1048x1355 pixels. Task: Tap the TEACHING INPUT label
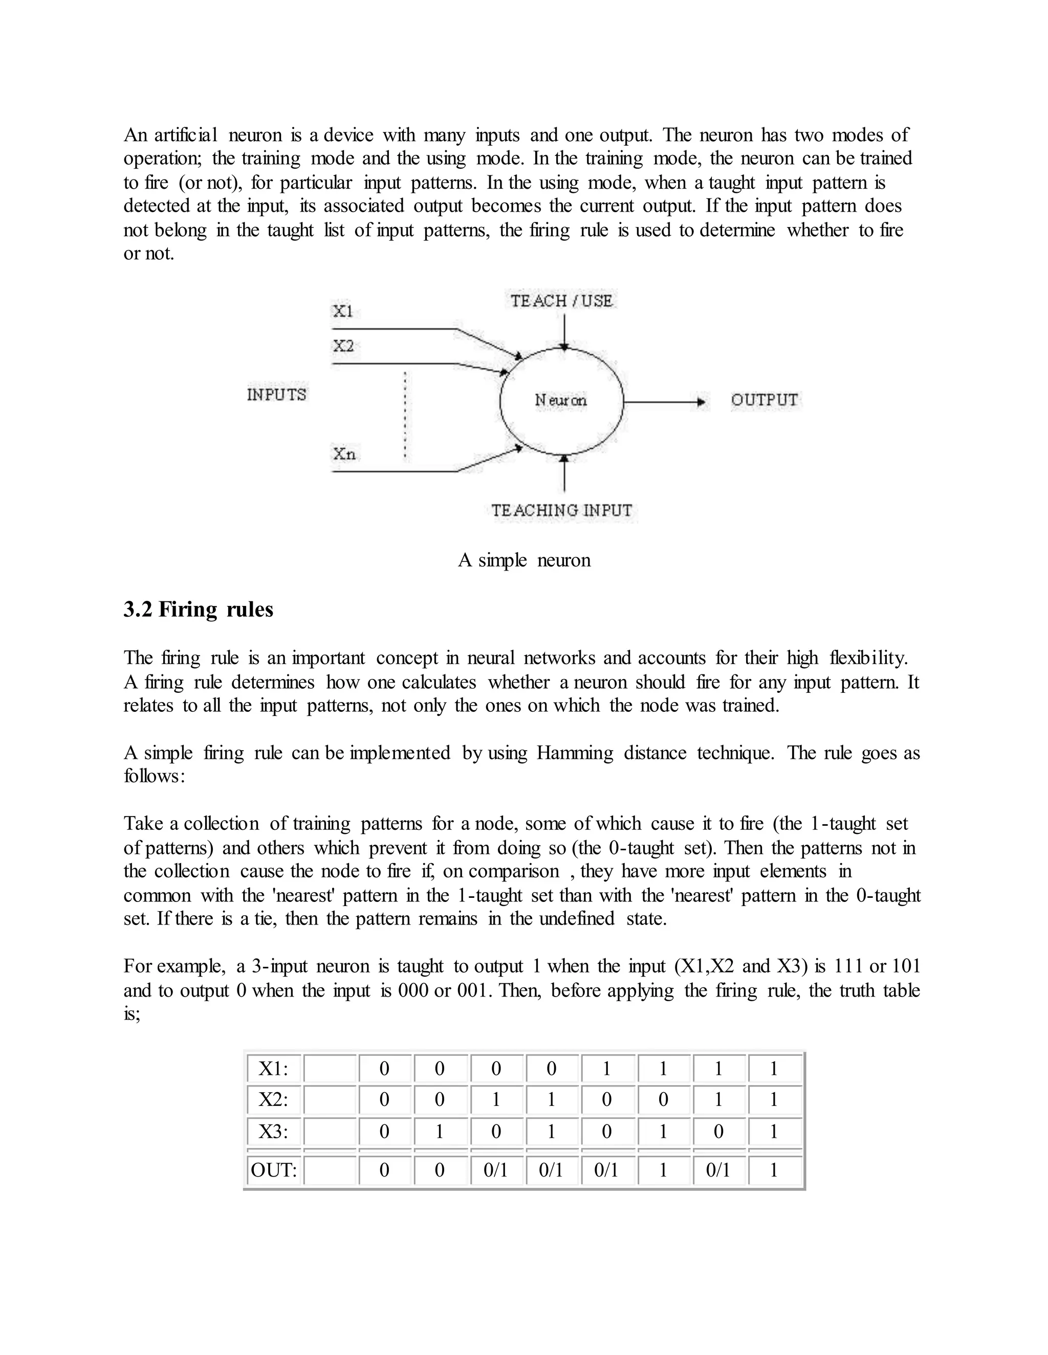pos(561,511)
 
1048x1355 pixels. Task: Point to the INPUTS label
pos(276,395)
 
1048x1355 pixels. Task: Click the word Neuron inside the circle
pos(561,401)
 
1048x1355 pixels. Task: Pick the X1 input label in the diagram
pos(343,311)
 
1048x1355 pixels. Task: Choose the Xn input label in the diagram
pos(344,454)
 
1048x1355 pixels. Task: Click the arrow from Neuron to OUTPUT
pos(664,402)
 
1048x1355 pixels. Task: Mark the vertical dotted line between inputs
pos(405,416)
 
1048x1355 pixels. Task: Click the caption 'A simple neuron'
pos(524,560)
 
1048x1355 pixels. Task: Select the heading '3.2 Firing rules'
pos(198,609)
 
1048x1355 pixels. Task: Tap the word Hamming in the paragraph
pos(574,753)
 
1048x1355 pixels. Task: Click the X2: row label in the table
pos(273,1100)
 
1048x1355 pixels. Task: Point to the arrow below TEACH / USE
pos(564,332)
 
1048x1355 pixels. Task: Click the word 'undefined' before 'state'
pos(576,919)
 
